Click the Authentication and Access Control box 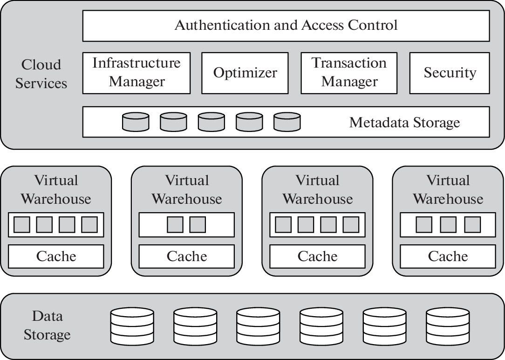286,25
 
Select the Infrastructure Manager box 136,73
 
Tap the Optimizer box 245,73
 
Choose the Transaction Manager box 349,73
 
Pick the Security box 450,73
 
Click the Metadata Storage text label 404,123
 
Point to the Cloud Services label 41,74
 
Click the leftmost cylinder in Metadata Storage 136,122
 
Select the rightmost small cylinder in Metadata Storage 287,122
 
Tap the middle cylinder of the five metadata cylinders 211,122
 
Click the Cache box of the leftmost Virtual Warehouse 56,256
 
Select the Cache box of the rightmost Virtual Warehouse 448,256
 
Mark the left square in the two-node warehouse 175,225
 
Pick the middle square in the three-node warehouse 448,225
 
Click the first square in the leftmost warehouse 22,225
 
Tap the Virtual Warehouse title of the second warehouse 186,190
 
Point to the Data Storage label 47,325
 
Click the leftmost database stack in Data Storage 132,326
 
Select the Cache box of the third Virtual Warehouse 317,256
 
